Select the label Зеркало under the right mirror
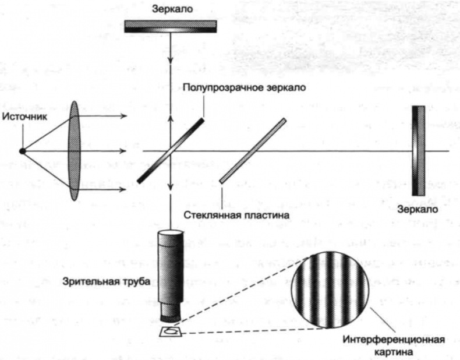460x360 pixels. (x=416, y=208)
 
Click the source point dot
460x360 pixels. (x=22, y=151)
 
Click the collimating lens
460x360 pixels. (x=74, y=151)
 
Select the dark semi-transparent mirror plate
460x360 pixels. (x=171, y=151)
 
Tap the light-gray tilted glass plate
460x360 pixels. (x=253, y=151)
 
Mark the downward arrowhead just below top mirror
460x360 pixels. (x=171, y=61)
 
